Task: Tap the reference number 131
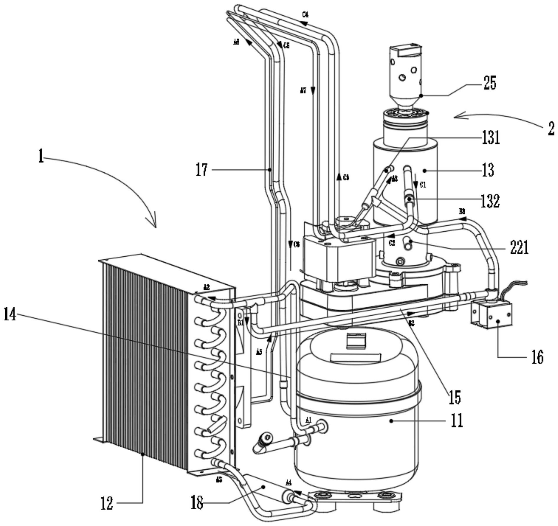click(x=491, y=138)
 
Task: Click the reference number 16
click(x=537, y=357)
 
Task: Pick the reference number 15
click(x=455, y=397)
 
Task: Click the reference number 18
click(x=197, y=503)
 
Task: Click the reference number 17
click(x=202, y=170)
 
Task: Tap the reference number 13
click(x=488, y=170)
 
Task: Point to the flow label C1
click(x=423, y=185)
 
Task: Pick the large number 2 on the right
click(x=551, y=129)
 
